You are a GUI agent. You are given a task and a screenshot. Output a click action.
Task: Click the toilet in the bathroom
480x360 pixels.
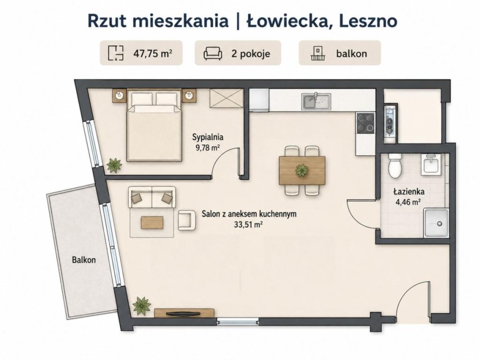[x=395, y=165]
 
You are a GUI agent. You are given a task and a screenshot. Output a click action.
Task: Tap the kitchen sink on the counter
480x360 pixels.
[x=316, y=101]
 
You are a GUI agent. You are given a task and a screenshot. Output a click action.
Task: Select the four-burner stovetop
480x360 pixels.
[x=366, y=123]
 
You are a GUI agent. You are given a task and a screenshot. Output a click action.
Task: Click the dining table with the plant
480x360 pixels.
[x=302, y=170]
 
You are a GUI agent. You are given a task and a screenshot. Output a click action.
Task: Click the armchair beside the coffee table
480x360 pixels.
[x=187, y=220]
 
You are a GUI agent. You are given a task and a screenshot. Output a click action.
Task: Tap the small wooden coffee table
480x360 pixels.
[x=152, y=223]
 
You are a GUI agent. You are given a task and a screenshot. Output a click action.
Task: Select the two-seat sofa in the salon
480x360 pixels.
[x=152, y=197]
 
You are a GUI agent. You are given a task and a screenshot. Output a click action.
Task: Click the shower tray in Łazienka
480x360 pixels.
[x=436, y=223]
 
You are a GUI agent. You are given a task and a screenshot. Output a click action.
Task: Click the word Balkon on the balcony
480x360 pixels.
[x=84, y=260]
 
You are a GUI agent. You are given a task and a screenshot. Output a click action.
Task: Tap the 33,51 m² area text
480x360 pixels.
[x=248, y=225]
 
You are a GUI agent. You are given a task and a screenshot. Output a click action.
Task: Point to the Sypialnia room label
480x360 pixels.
[x=208, y=137]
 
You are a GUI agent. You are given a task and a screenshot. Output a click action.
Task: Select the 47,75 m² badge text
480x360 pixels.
[x=153, y=53]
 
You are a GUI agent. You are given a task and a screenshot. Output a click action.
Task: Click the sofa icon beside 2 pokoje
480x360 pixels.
[x=213, y=53]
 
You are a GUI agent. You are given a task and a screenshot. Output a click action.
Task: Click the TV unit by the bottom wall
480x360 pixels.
[x=184, y=313]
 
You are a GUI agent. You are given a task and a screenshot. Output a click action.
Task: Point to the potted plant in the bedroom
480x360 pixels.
[x=114, y=165]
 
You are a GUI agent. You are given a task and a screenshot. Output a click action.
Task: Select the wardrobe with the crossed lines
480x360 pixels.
[x=226, y=98]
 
